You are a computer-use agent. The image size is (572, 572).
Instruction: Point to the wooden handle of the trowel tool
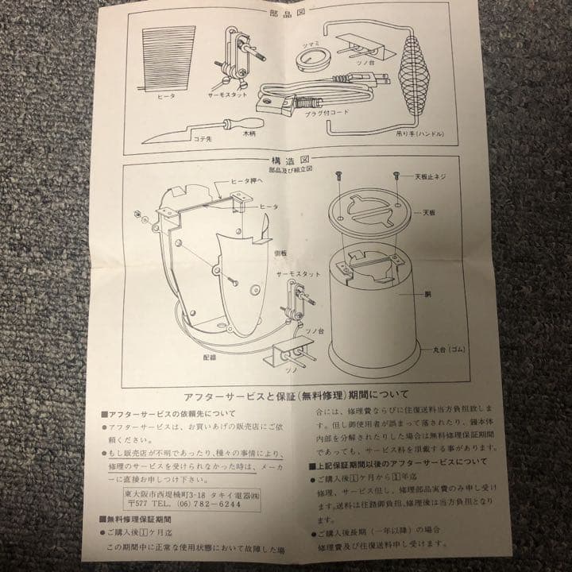[238, 124]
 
